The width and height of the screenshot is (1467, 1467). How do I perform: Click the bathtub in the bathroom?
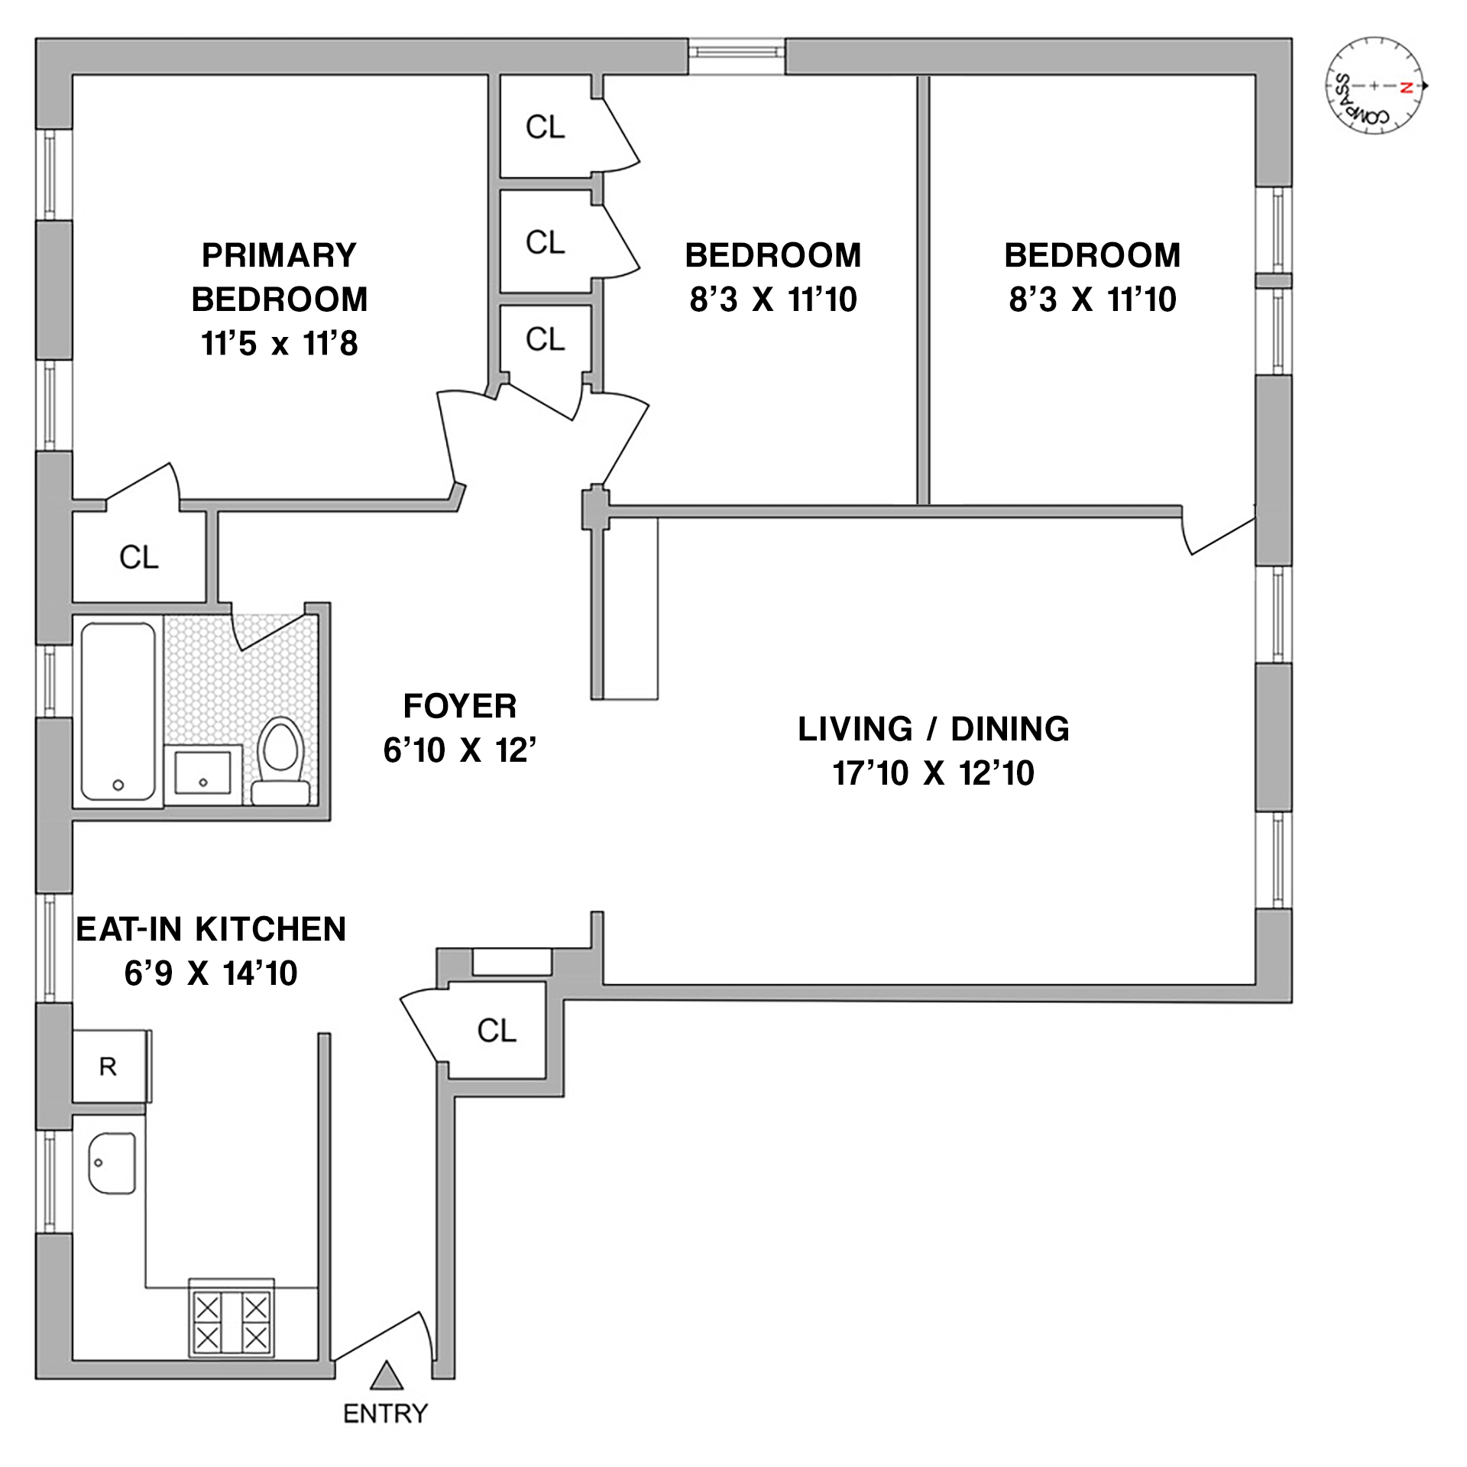pyautogui.click(x=118, y=711)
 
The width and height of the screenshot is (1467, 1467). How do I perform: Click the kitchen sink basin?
pyautogui.click(x=112, y=1163)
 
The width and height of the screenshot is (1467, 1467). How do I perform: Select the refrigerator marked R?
pyautogui.click(x=108, y=1067)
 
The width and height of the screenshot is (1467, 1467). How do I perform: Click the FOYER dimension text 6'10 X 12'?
pyautogui.click(x=459, y=750)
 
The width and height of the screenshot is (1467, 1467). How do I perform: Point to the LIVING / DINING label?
pyautogui.click(x=933, y=729)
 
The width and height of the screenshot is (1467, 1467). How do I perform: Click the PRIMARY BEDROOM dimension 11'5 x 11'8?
pyautogui.click(x=280, y=344)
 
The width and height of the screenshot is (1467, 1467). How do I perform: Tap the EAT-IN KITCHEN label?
pyautogui.click(x=211, y=929)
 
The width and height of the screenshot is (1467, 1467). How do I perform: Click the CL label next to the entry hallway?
pyautogui.click(x=497, y=1031)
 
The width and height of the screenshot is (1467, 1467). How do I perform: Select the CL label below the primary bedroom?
pyautogui.click(x=139, y=557)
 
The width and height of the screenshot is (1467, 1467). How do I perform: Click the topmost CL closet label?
pyautogui.click(x=545, y=127)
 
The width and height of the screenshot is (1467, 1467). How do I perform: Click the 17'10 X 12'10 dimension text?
pyautogui.click(x=933, y=773)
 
